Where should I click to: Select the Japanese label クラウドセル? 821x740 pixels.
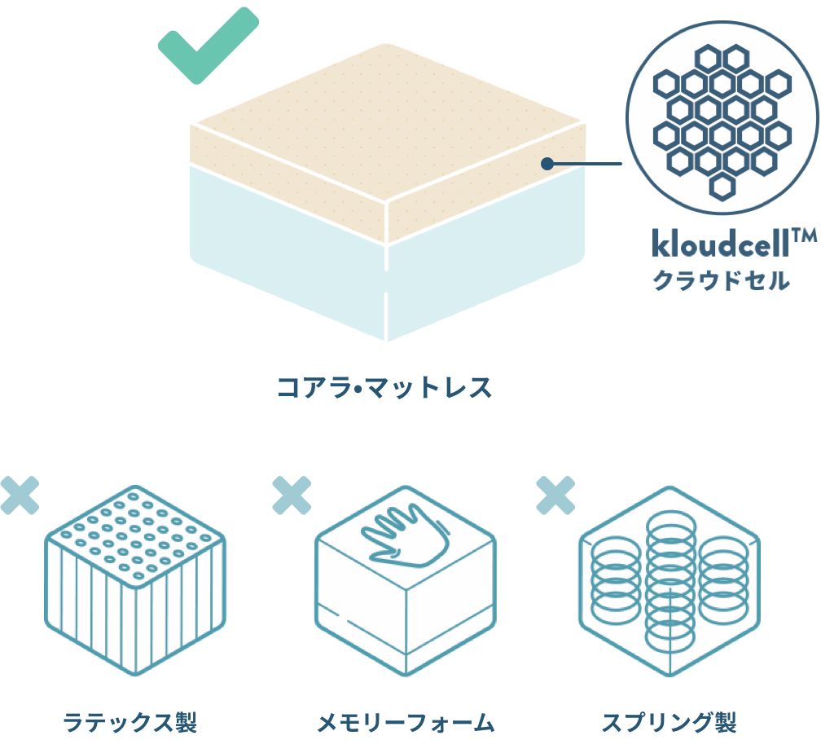(720, 282)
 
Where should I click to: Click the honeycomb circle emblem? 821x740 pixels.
(722, 118)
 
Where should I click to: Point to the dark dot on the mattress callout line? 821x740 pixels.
(548, 164)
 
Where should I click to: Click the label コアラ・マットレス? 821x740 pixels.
(385, 386)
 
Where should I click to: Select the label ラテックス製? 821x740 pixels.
(130, 721)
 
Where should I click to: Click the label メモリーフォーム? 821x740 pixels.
(405, 721)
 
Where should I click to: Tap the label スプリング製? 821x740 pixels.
(669, 721)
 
